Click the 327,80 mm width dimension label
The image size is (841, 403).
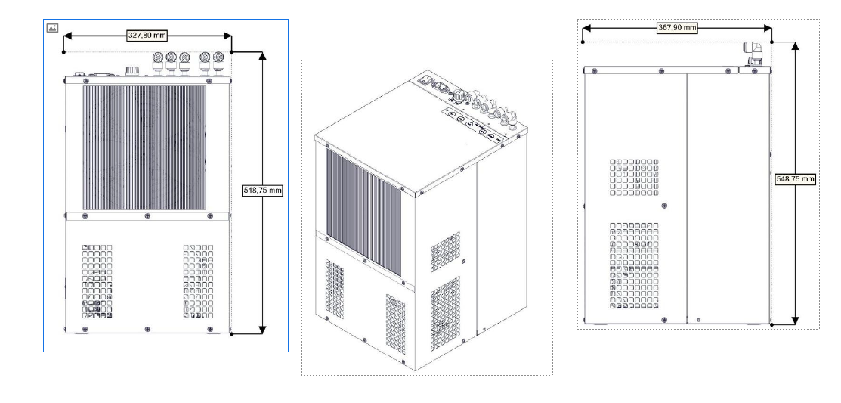(147, 36)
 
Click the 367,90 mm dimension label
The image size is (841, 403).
(677, 28)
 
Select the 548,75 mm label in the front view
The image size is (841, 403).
(262, 190)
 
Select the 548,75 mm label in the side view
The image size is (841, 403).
(796, 179)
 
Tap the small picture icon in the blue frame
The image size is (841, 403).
(52, 28)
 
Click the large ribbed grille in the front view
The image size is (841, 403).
(144, 147)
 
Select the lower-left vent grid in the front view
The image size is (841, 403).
(97, 282)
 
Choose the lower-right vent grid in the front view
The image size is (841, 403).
(199, 282)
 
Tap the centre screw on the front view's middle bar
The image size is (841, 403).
(147, 215)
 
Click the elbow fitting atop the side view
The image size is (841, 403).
(754, 54)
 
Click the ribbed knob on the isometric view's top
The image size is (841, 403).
(459, 97)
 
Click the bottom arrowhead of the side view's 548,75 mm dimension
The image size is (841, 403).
(796, 319)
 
